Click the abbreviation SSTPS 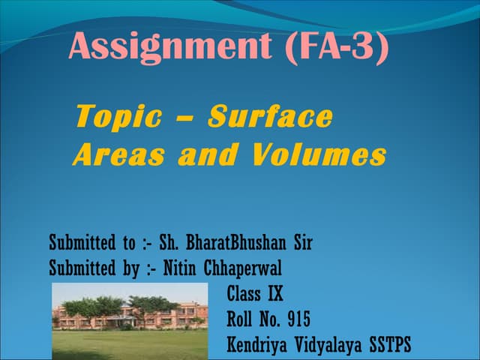tap(390, 345)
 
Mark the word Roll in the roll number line tap(240, 319)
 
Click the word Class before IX tap(244, 292)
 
